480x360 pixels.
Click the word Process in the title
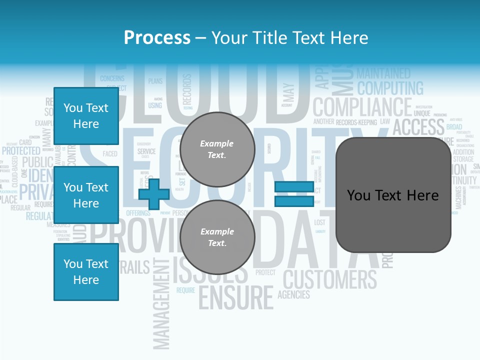pos(157,38)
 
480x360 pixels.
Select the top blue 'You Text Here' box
pos(86,116)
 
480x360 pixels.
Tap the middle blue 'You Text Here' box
pos(86,195)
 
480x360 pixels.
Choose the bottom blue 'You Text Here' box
pos(86,272)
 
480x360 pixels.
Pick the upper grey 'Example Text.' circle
pos(217,149)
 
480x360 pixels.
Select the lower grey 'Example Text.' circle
pos(217,237)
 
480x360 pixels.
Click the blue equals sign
pos(294,194)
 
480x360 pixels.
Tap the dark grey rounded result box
pos(393,195)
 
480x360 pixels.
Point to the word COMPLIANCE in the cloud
pos(362,107)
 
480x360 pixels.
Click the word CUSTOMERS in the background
pos(330,279)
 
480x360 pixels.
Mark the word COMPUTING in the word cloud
pos(390,88)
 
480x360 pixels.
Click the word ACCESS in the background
pos(418,127)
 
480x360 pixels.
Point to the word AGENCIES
pos(293,294)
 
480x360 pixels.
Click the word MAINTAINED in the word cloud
pos(383,73)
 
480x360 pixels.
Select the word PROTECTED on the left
pos(21,150)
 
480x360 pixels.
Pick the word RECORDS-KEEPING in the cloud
pos(356,122)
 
